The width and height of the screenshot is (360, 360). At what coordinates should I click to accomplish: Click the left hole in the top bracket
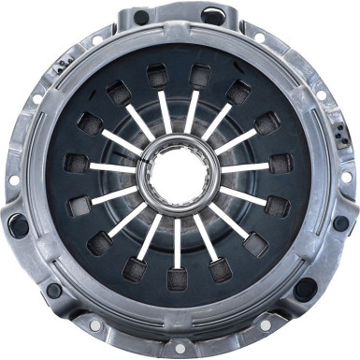point(142,17)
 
